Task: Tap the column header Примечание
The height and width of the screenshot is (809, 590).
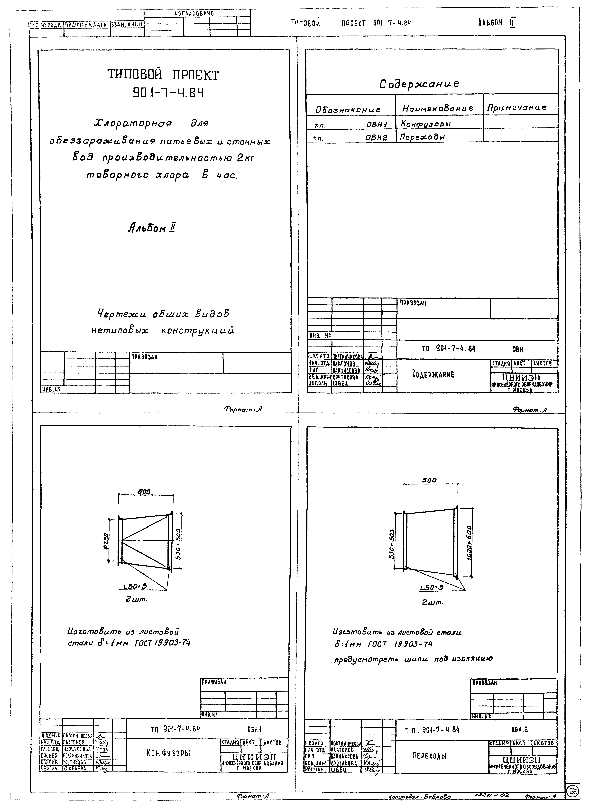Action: pyautogui.click(x=517, y=107)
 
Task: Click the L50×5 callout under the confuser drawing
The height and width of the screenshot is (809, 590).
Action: pyautogui.click(x=135, y=586)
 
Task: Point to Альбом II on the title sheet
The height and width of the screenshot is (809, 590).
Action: pyautogui.click(x=152, y=228)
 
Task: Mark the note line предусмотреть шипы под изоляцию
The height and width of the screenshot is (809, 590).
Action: pyautogui.click(x=413, y=659)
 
